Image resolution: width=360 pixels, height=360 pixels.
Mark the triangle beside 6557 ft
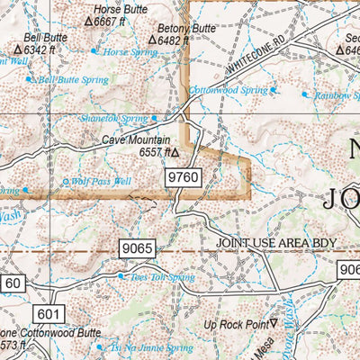175,153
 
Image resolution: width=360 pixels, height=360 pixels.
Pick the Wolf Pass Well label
103,181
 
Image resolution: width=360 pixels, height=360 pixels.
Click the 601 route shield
49,312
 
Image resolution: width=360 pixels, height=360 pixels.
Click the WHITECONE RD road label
256,55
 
